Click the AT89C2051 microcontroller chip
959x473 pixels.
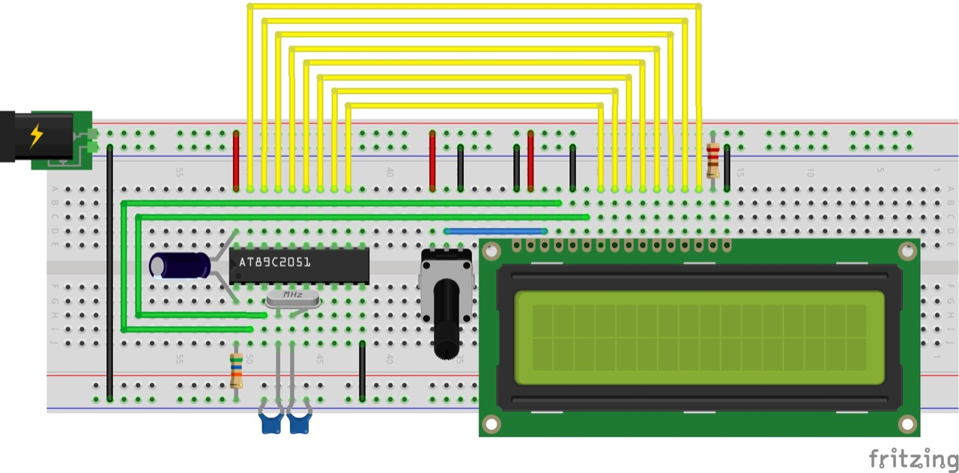[300, 265]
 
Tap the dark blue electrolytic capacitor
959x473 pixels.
[180, 266]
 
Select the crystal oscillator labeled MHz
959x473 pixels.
[292, 300]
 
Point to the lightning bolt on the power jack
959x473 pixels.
[35, 136]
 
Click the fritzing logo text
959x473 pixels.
[913, 458]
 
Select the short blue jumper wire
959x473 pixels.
[495, 231]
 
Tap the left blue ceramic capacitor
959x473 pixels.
[269, 424]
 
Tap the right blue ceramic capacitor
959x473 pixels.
[299, 424]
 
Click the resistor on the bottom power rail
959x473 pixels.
[236, 371]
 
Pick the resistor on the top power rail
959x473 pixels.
[713, 160]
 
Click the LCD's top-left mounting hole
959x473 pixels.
[492, 252]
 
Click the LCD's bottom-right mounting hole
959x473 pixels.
[907, 424]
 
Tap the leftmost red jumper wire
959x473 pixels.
[236, 160]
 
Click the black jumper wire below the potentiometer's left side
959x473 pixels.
[363, 371]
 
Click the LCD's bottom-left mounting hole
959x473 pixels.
[491, 424]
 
